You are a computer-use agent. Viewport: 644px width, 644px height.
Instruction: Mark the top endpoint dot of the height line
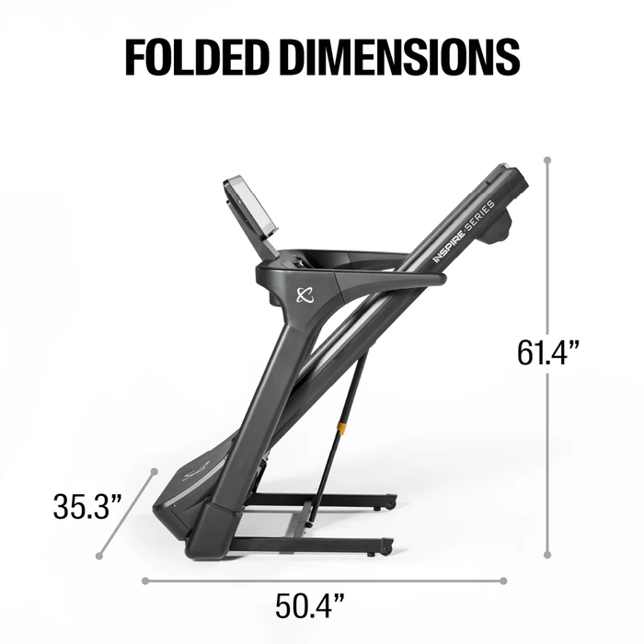point(547,160)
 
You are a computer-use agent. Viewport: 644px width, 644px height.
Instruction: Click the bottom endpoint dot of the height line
point(547,555)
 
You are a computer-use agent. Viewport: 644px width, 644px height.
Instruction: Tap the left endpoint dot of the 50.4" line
point(145,581)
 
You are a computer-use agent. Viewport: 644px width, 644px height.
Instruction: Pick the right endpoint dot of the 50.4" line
point(503,581)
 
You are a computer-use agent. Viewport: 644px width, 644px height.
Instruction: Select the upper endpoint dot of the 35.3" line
point(153,472)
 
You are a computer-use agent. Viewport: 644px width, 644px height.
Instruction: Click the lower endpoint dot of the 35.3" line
point(98,555)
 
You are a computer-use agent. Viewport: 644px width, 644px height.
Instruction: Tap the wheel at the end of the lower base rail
point(386,547)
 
